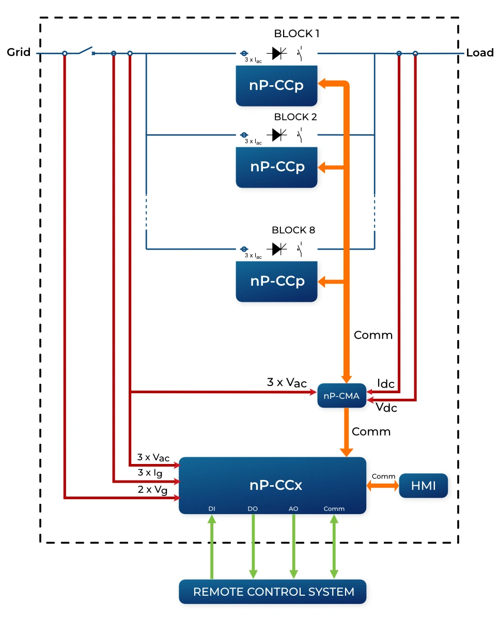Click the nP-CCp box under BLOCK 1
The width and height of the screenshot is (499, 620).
coord(276,85)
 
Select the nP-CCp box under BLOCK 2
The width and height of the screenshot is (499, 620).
coord(276,167)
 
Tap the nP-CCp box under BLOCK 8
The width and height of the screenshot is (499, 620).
coord(276,281)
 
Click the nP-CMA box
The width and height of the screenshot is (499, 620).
coord(341,396)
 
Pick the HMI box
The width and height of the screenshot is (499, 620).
coord(423,486)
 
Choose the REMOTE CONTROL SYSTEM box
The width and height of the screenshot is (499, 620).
coord(273,592)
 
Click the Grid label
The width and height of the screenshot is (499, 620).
coord(19,52)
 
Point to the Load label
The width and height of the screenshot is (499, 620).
coord(479,53)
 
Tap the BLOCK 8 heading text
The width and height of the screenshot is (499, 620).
coord(293,230)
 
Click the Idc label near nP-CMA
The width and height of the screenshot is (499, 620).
coord(386,384)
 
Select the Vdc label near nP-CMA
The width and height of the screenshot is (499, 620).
coord(386,408)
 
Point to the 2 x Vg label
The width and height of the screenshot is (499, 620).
coord(152,489)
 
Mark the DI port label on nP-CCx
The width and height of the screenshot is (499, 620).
coord(212,508)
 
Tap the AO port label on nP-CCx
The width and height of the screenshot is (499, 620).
coord(293,508)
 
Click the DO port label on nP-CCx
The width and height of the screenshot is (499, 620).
coord(253,508)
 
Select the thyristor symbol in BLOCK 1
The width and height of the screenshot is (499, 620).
coord(279,53)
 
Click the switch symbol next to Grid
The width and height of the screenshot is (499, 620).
coord(86,52)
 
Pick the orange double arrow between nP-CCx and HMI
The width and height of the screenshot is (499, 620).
coord(382,486)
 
